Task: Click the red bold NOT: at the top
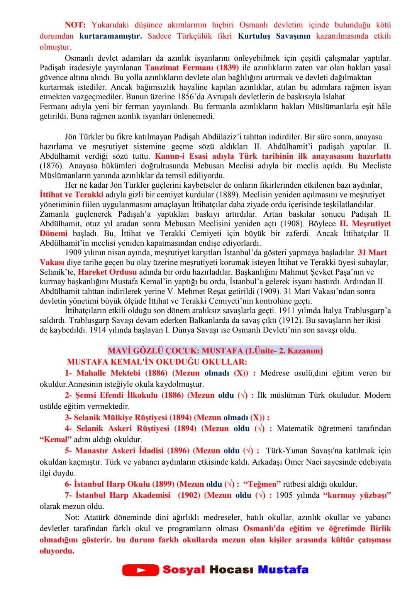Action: [76, 25]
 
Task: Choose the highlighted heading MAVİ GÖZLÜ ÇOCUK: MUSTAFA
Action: [215, 351]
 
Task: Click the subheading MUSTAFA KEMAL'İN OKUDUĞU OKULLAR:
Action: [157, 362]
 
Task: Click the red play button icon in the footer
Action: [140, 570]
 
